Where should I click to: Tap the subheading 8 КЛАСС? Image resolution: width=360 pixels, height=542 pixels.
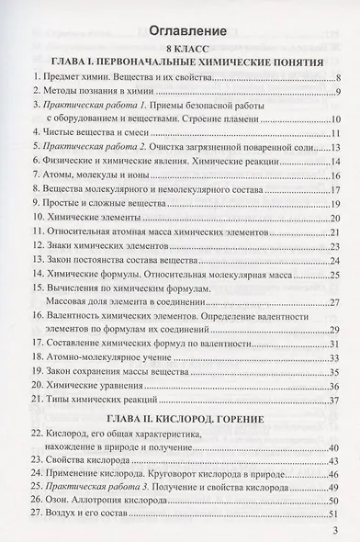(181, 47)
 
